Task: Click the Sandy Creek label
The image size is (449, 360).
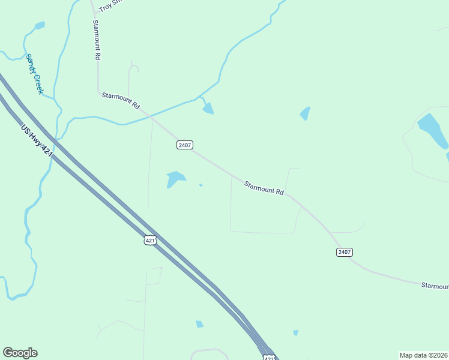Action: click(34, 74)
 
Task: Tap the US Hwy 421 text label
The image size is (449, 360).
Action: click(37, 141)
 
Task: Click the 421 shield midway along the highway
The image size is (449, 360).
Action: click(150, 240)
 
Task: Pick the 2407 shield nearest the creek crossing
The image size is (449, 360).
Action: click(184, 145)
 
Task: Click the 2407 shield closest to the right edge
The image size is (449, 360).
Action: click(344, 252)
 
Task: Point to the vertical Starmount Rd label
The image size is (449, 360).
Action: click(96, 40)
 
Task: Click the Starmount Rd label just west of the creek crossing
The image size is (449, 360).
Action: click(121, 100)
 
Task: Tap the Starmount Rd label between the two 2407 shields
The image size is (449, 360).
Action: click(264, 188)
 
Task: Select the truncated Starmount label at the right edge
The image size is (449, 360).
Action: click(434, 286)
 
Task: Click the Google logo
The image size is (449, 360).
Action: click(20, 353)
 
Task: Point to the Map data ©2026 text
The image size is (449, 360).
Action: click(423, 355)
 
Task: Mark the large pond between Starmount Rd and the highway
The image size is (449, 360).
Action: click(175, 178)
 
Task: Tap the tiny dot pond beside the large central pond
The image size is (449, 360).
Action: click(200, 185)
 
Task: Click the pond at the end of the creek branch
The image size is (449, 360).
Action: click(208, 108)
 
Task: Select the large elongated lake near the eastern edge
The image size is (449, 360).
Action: click(432, 130)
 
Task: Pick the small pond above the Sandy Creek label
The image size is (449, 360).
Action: click(40, 26)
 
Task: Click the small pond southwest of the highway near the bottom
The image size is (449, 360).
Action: click(199, 324)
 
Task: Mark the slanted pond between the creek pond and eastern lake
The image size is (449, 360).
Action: click(306, 113)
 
